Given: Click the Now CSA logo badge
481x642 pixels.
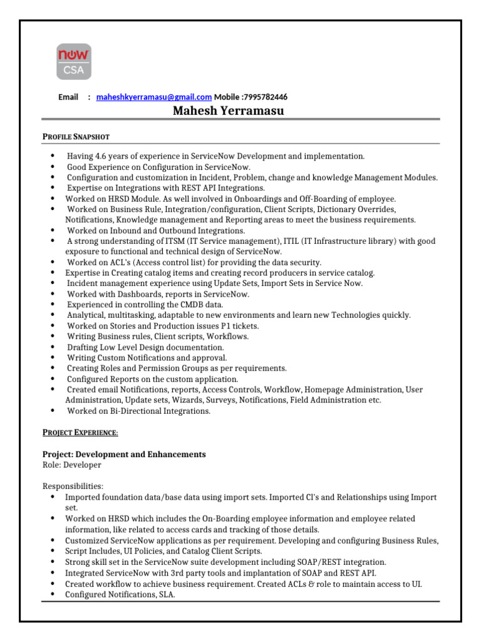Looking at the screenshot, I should pos(74,62).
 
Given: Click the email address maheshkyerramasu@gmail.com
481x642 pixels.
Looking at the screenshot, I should pos(153,97).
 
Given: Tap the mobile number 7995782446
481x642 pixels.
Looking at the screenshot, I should pos(266,97).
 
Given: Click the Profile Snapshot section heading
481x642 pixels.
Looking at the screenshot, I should pos(76,136).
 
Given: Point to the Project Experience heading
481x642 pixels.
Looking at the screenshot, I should pos(80,433).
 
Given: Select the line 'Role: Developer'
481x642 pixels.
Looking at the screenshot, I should pos(71,465).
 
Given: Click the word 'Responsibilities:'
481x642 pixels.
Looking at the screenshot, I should pos(73,486).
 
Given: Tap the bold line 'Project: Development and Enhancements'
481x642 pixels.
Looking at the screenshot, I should pos(124,454).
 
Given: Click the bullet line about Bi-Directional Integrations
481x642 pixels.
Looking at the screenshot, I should pos(138,411).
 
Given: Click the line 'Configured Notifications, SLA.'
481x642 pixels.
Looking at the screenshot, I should pos(120,594).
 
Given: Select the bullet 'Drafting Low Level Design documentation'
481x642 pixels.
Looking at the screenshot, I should pos(145,347).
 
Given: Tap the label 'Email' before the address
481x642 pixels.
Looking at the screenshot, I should pos(68,97).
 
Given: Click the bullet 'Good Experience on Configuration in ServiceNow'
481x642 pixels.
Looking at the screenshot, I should pos(158,167).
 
